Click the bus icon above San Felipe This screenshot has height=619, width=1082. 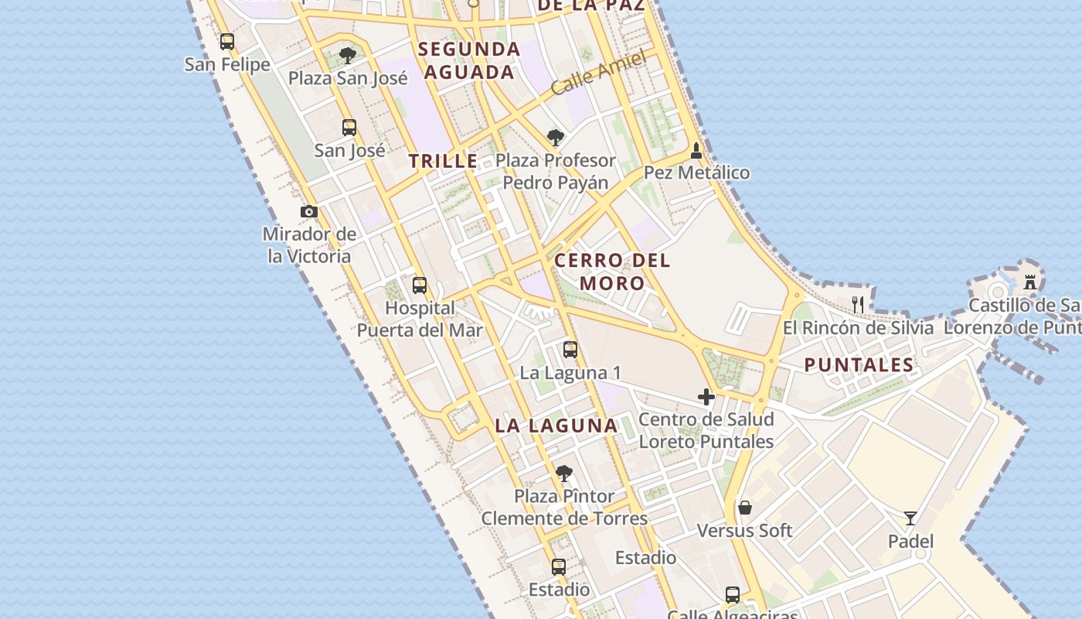(226, 42)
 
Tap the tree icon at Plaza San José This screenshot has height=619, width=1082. (348, 56)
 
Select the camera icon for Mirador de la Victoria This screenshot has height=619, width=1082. (309, 211)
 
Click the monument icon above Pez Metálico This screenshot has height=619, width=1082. (696, 150)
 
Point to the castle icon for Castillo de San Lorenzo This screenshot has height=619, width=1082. (1030, 282)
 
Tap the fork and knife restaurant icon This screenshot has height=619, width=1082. (857, 303)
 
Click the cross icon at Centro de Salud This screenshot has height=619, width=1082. (706, 397)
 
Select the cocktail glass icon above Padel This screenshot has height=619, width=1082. (910, 518)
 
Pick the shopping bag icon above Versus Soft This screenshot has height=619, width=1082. (745, 508)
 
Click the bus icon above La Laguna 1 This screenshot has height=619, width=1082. (570, 349)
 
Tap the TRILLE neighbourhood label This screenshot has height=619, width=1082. (443, 161)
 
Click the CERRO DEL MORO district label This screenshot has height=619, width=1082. (612, 272)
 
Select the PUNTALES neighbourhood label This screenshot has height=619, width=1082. (859, 364)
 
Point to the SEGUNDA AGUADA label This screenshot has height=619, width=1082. (469, 60)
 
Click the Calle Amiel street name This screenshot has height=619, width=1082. (599, 74)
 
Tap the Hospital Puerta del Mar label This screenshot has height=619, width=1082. (420, 319)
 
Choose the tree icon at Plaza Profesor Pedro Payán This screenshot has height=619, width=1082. (555, 138)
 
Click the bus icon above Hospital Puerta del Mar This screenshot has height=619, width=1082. (420, 285)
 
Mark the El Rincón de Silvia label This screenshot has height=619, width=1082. (858, 327)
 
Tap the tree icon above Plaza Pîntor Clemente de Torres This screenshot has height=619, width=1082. (564, 473)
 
